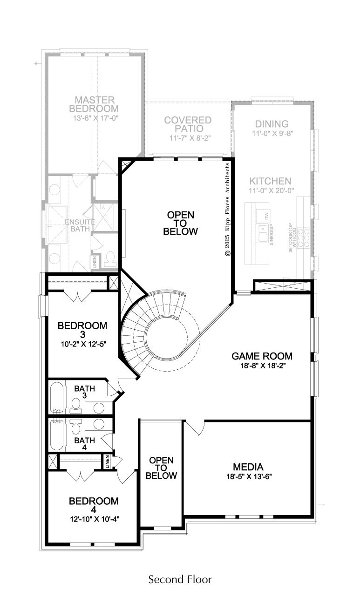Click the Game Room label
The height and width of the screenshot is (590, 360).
pyautogui.click(x=262, y=356)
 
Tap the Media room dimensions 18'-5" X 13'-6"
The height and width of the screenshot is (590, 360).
pyautogui.click(x=249, y=476)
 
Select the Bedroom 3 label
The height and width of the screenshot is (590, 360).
pyautogui.click(x=82, y=330)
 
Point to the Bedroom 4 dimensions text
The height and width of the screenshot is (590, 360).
pyautogui.click(x=95, y=519)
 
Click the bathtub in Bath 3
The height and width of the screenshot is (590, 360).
pyautogui.click(x=57, y=398)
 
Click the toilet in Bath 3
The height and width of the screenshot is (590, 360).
pyautogui.click(x=76, y=406)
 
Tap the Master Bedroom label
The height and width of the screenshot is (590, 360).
pyautogui.click(x=94, y=104)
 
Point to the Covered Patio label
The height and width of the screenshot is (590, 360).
pyautogui.click(x=188, y=124)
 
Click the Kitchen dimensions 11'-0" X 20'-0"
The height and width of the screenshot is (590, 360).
pyautogui.click(x=271, y=190)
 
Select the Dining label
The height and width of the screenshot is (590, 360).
pyautogui.click(x=272, y=124)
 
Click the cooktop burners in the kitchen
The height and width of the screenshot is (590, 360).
pyautogui.click(x=304, y=238)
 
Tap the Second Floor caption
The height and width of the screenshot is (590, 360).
pyautogui.click(x=180, y=579)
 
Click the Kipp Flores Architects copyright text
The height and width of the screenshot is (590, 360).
pyautogui.click(x=227, y=210)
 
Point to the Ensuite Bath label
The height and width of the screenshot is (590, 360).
pyautogui.click(x=80, y=225)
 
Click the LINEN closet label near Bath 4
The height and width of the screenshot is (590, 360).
pyautogui.click(x=108, y=462)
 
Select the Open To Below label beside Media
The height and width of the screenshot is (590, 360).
pyautogui.click(x=161, y=468)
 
